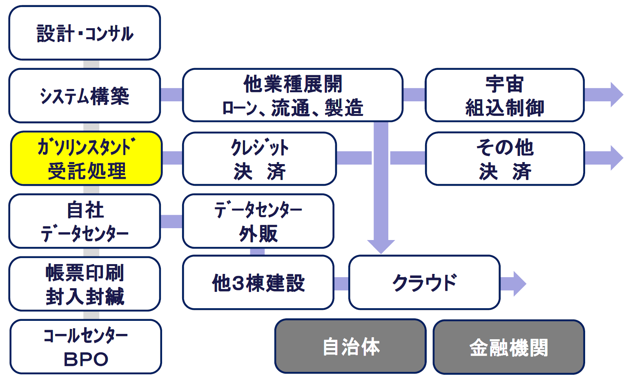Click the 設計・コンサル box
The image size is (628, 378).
click(85, 33)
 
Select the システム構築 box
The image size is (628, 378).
click(85, 96)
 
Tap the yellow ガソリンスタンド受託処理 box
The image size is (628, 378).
click(86, 158)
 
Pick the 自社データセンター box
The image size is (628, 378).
click(85, 221)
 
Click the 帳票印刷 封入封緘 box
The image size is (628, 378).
click(85, 284)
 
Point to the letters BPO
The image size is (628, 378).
click(86, 359)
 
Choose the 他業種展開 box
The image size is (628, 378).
click(293, 95)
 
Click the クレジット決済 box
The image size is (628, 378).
click(259, 159)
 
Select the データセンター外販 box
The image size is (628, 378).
click(258, 221)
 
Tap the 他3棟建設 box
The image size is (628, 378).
click(258, 282)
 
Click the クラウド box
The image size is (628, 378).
click(425, 282)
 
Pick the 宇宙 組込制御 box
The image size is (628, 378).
click(505, 95)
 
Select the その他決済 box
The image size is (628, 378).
click(505, 159)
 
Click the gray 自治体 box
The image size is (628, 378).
click(350, 346)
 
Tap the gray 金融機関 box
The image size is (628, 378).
click(509, 347)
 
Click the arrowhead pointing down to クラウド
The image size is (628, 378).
click(381, 247)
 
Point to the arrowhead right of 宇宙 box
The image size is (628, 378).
click(617, 94)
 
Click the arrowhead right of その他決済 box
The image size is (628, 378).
click(617, 158)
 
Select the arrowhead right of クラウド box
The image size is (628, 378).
click(520, 284)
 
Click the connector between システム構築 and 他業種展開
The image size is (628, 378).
click(171, 94)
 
